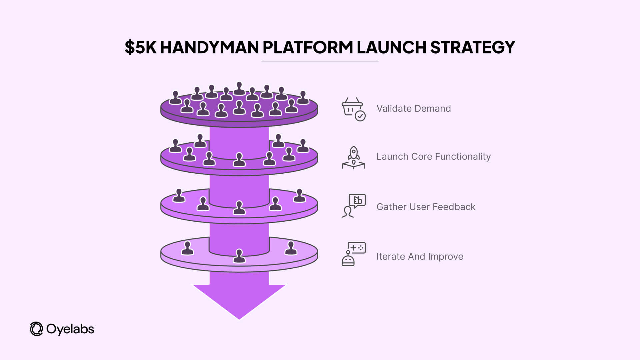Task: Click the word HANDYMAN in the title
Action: [209, 47]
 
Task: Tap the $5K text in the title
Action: [140, 47]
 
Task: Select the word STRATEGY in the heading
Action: [472, 47]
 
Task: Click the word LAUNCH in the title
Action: [391, 47]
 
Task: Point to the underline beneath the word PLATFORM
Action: [320, 61]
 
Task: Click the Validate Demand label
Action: [413, 109]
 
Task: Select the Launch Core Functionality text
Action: [433, 157]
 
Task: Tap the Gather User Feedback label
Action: [426, 207]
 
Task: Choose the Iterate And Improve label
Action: [420, 257]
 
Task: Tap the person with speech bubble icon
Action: [353, 206]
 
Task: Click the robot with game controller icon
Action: [353, 254]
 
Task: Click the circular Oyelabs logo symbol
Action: [36, 329]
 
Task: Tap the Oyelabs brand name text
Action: [70, 329]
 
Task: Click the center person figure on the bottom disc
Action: [239, 256]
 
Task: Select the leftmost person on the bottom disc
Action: [187, 248]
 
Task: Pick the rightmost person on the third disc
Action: [299, 196]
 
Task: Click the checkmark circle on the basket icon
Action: [360, 116]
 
